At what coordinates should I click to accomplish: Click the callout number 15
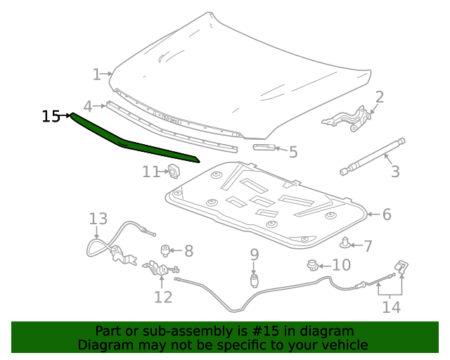[x=51, y=116]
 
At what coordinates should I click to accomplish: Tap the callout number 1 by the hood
[x=97, y=74]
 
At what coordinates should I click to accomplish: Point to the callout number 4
[x=88, y=106]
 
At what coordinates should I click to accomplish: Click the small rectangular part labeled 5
[x=264, y=147]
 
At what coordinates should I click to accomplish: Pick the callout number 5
[x=293, y=151]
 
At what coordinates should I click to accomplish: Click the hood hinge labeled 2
[x=347, y=117]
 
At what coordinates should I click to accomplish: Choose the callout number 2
[x=379, y=97]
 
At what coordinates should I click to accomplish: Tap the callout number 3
[x=395, y=171]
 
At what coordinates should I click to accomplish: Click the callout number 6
[x=387, y=214]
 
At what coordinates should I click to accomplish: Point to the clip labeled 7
[x=345, y=244]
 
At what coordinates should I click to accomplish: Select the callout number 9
[x=255, y=254]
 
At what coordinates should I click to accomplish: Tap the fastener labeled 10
[x=311, y=265]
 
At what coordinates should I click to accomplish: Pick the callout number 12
[x=163, y=297]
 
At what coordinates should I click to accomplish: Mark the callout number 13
[x=98, y=219]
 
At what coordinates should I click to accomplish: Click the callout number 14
[x=391, y=307]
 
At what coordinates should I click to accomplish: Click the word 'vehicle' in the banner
[x=342, y=345]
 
